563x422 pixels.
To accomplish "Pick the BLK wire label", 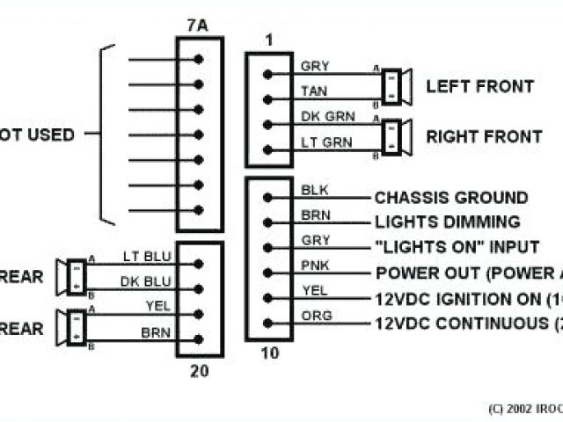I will click(313, 189).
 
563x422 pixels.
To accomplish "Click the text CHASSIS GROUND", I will click(451, 198).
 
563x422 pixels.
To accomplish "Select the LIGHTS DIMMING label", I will click(447, 222).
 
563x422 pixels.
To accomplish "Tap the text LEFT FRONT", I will click(479, 86).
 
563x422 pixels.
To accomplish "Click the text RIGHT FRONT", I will click(484, 136).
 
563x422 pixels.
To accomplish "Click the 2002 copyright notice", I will click(524, 408).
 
